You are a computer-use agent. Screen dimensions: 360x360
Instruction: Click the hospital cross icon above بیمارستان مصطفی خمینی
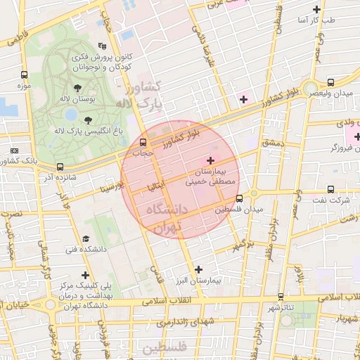(x=212, y=162)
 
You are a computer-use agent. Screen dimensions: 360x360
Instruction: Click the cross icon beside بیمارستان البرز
(x=198, y=269)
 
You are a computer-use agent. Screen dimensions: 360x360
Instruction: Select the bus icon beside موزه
(x=25, y=74)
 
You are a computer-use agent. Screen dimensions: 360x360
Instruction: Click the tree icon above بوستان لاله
(x=77, y=88)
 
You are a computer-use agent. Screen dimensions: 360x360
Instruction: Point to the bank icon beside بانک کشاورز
(x=15, y=150)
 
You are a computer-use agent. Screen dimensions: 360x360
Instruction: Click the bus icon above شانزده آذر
(x=59, y=167)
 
